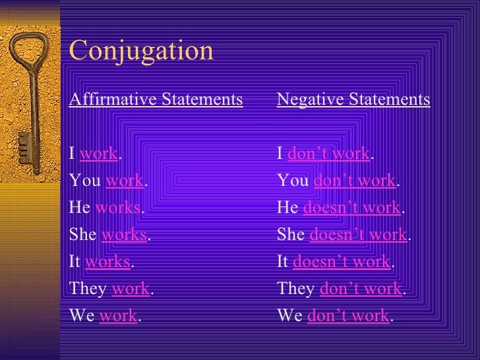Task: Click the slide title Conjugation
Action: pyautogui.click(x=141, y=51)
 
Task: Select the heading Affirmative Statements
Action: pyautogui.click(x=156, y=100)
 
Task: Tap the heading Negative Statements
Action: pyautogui.click(x=353, y=100)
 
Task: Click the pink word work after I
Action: pyautogui.click(x=98, y=154)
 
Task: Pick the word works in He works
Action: pyautogui.click(x=118, y=208)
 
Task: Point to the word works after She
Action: pyautogui.click(x=124, y=235)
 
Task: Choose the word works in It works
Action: pyautogui.click(x=107, y=262)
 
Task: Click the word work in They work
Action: pyautogui.click(x=131, y=289)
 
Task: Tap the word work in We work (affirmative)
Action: pyautogui.click(x=118, y=316)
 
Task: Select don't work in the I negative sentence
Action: pyautogui.click(x=329, y=154)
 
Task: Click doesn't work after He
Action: pyautogui.click(x=351, y=208)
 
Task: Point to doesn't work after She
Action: pyautogui.click(x=358, y=235)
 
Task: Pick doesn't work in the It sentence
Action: pyautogui.click(x=342, y=262)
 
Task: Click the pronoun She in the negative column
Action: pyautogui.click(x=290, y=235)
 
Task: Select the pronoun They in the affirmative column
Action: pyautogui.click(x=88, y=289)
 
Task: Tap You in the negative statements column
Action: pyautogui.click(x=293, y=181)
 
